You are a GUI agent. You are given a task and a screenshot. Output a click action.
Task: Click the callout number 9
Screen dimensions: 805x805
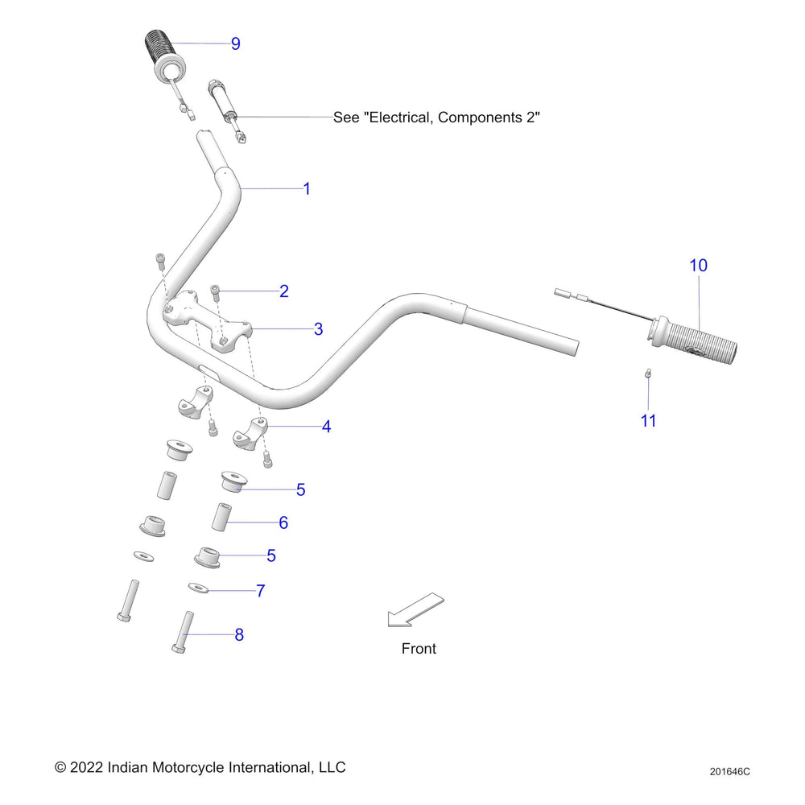pyautogui.click(x=235, y=43)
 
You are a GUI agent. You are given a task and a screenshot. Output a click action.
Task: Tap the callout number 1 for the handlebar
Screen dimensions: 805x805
pyautogui.click(x=306, y=188)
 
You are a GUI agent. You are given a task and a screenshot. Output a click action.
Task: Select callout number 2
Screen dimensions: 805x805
pyautogui.click(x=283, y=291)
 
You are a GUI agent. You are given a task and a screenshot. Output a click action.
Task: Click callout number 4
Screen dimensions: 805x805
pyautogui.click(x=326, y=427)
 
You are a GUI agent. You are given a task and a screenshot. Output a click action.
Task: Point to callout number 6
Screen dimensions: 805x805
pyautogui.click(x=283, y=522)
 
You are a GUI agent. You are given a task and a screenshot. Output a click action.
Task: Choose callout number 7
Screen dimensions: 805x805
pyautogui.click(x=260, y=591)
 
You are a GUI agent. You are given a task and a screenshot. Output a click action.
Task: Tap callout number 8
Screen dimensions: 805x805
pyautogui.click(x=239, y=634)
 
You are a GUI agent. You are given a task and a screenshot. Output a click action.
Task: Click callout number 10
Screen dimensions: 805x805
pyautogui.click(x=698, y=265)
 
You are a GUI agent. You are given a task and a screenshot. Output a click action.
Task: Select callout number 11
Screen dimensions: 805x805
pyautogui.click(x=648, y=420)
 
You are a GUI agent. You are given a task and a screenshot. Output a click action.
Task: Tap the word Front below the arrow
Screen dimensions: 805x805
pyautogui.click(x=419, y=648)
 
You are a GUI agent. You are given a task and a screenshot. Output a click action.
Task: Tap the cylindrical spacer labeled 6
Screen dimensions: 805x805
pyautogui.click(x=221, y=516)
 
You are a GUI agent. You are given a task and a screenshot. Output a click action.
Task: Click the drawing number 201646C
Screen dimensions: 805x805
pyautogui.click(x=729, y=771)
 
